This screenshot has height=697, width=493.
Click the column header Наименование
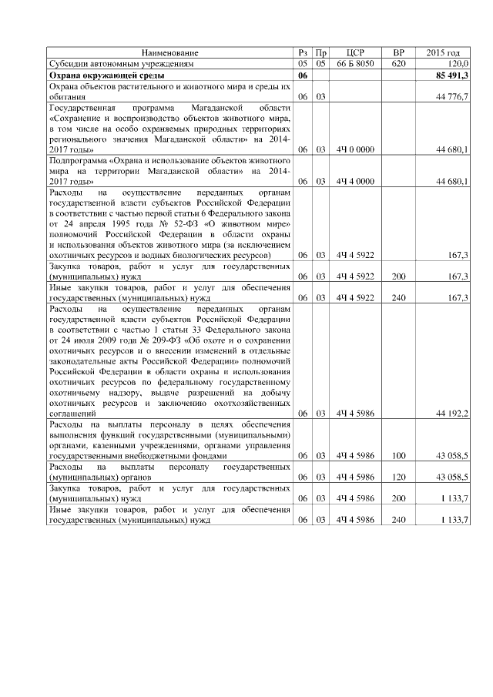click(x=169, y=52)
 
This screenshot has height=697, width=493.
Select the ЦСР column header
click(x=355, y=52)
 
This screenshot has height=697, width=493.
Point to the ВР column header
click(x=398, y=52)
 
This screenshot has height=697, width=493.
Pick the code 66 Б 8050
click(x=355, y=64)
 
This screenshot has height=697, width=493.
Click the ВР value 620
click(x=398, y=64)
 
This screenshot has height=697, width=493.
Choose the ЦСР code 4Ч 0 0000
click(x=355, y=148)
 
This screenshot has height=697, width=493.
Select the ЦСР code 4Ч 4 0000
click(x=355, y=180)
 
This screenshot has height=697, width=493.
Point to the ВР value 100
click(x=398, y=456)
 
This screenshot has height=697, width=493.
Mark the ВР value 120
click(x=398, y=478)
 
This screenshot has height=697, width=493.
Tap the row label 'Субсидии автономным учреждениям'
click(x=123, y=64)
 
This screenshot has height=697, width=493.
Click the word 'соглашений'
click(x=72, y=414)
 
